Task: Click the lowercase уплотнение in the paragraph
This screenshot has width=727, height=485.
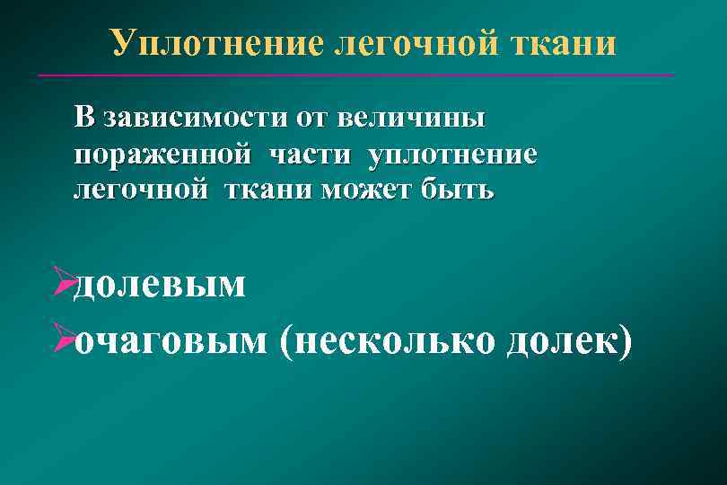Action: pos(452,155)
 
